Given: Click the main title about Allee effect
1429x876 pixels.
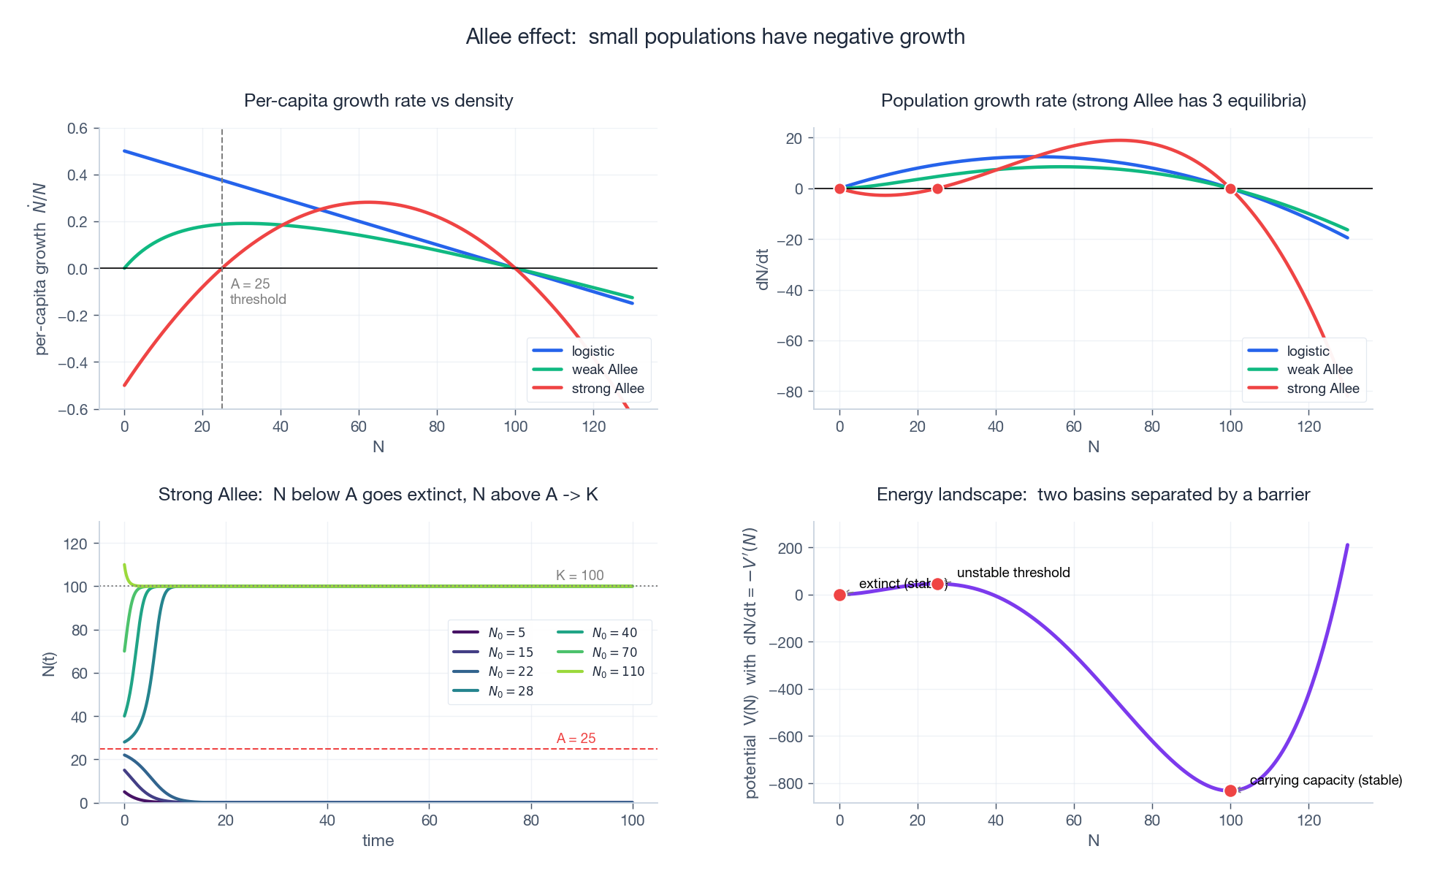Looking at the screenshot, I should [x=714, y=37].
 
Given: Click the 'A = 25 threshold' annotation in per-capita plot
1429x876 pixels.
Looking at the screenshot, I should [x=257, y=292].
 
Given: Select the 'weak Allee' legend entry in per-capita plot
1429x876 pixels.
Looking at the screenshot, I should [x=604, y=370].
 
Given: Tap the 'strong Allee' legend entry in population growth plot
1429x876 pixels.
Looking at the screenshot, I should [x=1322, y=389].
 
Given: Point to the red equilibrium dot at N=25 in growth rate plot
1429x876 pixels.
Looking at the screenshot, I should [x=937, y=188].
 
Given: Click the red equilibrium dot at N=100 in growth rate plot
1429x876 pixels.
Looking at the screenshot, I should [x=1230, y=188].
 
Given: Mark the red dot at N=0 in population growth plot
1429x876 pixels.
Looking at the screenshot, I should [x=839, y=188].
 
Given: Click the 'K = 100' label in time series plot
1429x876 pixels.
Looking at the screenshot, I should [x=579, y=575].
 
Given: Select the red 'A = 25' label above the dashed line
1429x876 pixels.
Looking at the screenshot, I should [x=576, y=738].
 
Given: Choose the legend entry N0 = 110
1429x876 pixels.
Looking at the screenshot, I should [x=617, y=671].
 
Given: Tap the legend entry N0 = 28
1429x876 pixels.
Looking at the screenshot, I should [x=510, y=691].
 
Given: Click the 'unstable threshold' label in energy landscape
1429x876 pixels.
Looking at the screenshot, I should [x=1013, y=573].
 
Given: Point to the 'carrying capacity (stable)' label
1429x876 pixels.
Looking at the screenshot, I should [x=1325, y=780].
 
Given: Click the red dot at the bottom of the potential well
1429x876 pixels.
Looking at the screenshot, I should [x=1230, y=791].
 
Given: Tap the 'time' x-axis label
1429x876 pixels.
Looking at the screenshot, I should [x=378, y=840].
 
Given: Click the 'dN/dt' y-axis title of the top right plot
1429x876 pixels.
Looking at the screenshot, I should [x=763, y=270].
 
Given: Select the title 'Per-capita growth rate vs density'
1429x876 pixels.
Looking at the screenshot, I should [x=378, y=101].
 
